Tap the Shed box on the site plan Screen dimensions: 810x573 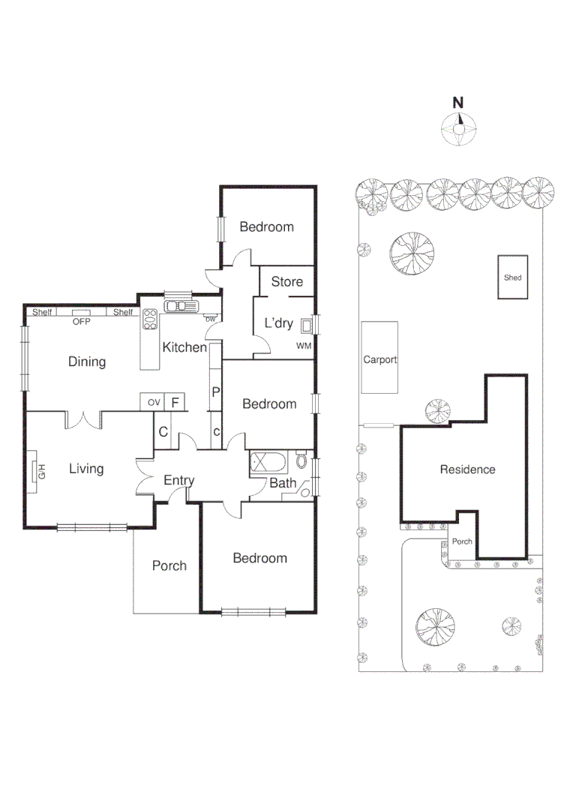(513, 277)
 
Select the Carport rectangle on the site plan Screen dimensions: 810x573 (380, 358)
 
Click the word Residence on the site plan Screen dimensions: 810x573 (467, 469)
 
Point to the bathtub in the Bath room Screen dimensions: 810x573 (268, 461)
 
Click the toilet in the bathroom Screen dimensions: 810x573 (301, 460)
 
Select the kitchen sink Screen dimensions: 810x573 (180, 306)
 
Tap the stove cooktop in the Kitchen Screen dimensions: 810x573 (150, 320)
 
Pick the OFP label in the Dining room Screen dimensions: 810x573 (81, 321)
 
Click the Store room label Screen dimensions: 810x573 (286, 281)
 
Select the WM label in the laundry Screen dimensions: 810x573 (303, 346)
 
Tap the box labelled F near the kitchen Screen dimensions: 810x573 (175, 403)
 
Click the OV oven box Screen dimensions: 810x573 (154, 403)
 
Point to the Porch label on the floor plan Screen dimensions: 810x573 (169, 565)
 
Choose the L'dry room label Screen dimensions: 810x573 (278, 323)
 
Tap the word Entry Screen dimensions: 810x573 (178, 481)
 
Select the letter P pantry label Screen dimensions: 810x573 (215, 391)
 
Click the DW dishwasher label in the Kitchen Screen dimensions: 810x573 (211, 319)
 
